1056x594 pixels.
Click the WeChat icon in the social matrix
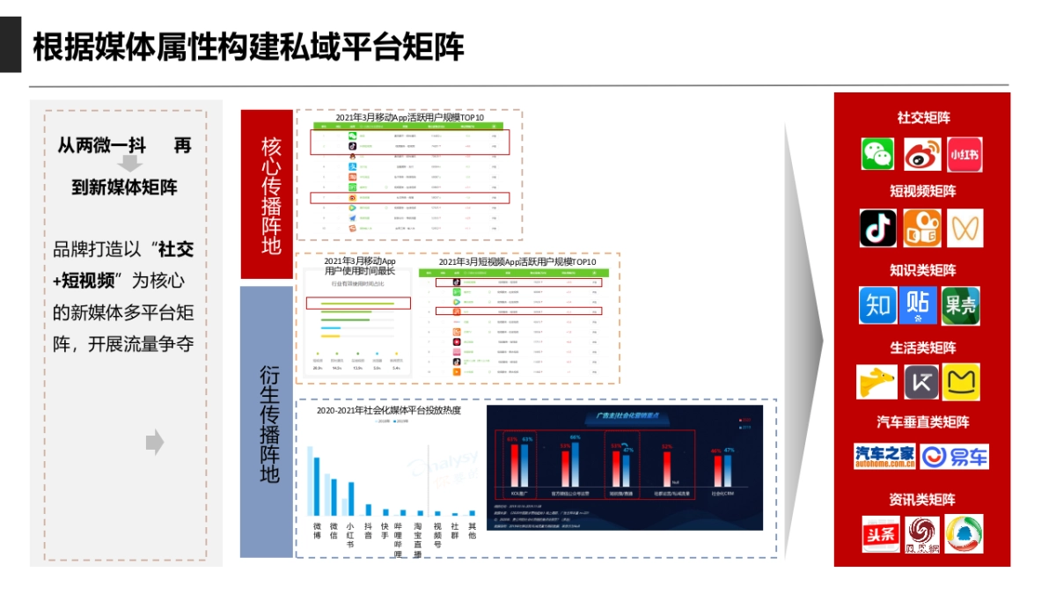[877, 154]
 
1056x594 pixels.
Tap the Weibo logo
[921, 155]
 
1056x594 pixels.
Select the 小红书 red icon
[964, 155]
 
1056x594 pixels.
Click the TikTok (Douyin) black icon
[878, 228]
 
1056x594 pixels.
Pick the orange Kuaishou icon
[921, 228]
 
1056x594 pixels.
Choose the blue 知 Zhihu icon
[878, 305]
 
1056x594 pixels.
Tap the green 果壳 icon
[960, 305]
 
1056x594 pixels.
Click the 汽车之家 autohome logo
[884, 456]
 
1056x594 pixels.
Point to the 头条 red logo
[881, 533]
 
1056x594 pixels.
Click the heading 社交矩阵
[923, 117]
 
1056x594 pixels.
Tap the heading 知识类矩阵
[922, 269]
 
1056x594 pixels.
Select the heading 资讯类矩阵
[922, 500]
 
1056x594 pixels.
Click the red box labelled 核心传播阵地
[267, 194]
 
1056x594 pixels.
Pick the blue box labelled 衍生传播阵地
[267, 422]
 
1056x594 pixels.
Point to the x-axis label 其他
[472, 531]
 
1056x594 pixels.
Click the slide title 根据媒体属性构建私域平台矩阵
[248, 48]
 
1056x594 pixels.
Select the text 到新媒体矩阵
[124, 187]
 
